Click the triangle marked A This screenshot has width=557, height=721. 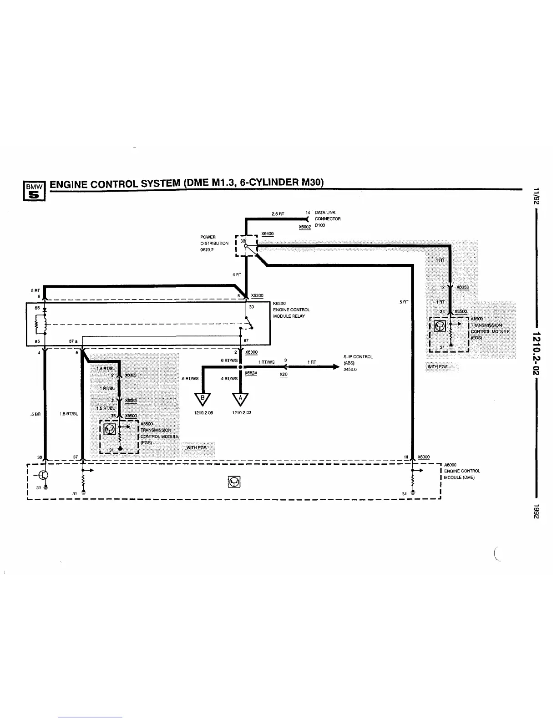(241, 399)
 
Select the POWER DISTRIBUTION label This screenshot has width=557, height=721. (214, 243)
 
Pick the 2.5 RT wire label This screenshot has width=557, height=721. (278, 213)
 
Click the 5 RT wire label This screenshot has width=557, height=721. (404, 302)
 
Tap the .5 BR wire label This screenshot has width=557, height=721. (35, 414)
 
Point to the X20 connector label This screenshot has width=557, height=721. (284, 374)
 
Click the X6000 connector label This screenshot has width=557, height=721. (423, 457)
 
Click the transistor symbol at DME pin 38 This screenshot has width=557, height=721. (44, 475)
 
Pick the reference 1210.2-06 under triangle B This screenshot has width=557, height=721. (204, 413)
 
